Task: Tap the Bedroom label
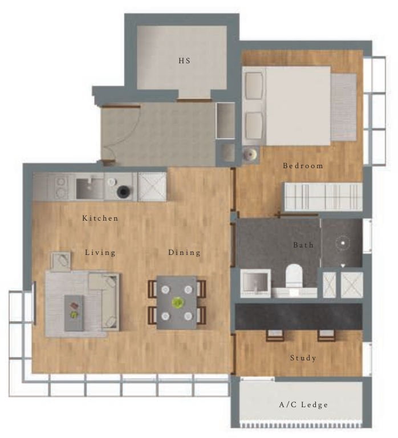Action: (x=303, y=166)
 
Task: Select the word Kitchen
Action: (x=100, y=218)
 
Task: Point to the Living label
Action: (x=100, y=252)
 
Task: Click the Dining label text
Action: (x=184, y=252)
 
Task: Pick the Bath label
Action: (x=303, y=245)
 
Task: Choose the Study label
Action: (x=303, y=358)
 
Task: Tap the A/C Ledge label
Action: (x=303, y=405)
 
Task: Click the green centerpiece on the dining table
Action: (x=178, y=303)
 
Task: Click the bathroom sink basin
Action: (x=252, y=282)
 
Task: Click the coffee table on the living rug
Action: (x=74, y=313)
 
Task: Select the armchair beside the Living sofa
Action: (x=62, y=261)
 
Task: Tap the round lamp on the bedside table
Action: (x=249, y=153)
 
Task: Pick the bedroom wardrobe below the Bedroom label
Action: (x=323, y=197)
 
